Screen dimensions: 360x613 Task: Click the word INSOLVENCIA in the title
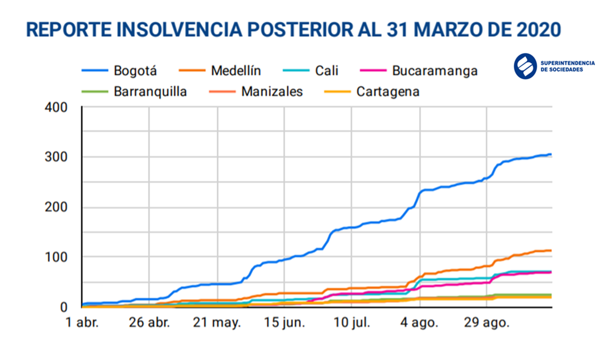[203, 29]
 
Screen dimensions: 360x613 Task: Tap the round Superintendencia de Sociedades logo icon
[525, 66]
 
